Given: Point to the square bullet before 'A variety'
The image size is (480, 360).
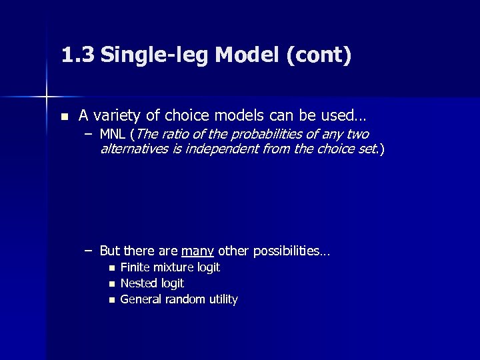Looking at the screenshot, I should (63, 116).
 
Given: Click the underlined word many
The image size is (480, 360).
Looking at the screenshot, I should (197, 251).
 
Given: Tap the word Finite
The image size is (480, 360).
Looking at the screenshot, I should (135, 267).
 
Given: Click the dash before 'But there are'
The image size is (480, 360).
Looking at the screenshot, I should (88, 251).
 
